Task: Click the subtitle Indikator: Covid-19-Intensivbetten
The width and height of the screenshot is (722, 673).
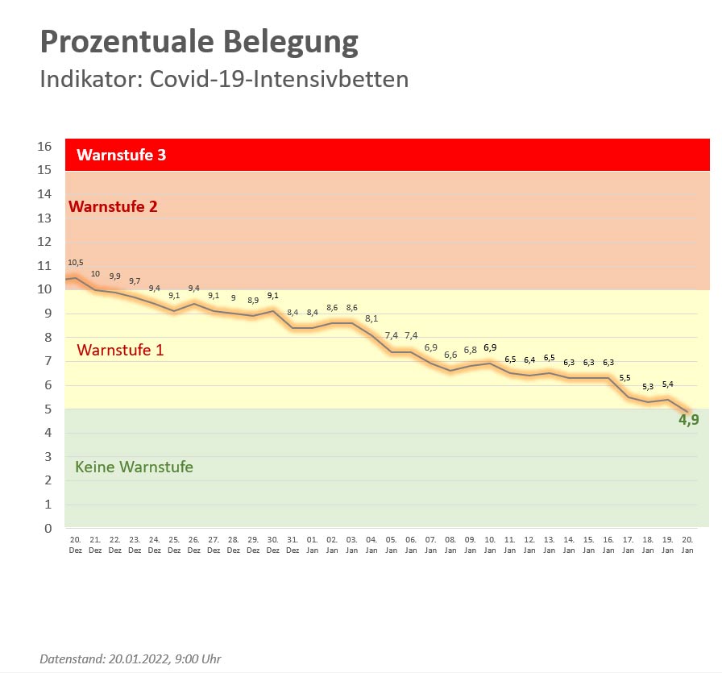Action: [224, 80]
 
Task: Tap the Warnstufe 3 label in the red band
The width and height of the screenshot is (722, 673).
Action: [122, 155]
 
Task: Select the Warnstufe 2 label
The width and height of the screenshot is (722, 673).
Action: [113, 206]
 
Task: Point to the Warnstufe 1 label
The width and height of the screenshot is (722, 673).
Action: [120, 350]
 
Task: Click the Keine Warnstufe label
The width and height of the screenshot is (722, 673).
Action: [134, 467]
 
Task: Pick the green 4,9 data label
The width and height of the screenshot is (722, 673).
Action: [688, 419]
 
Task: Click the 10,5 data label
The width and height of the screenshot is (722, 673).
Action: [75, 263]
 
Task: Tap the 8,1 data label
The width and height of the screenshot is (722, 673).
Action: [371, 318]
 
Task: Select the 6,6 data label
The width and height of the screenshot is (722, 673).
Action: [450, 355]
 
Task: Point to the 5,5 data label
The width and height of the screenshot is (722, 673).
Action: [625, 378]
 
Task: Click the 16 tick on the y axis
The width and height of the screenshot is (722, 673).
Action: [44, 147]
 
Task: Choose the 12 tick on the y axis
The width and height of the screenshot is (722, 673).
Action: [44, 242]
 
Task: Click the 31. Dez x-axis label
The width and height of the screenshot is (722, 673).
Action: [293, 545]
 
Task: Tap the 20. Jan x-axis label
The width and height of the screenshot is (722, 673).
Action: [687, 545]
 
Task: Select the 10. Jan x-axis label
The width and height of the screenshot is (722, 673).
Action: [490, 545]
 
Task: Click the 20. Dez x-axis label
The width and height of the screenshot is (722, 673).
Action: [75, 545]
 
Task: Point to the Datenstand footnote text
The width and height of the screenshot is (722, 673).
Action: [130, 659]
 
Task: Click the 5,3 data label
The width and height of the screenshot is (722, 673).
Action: [649, 387]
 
